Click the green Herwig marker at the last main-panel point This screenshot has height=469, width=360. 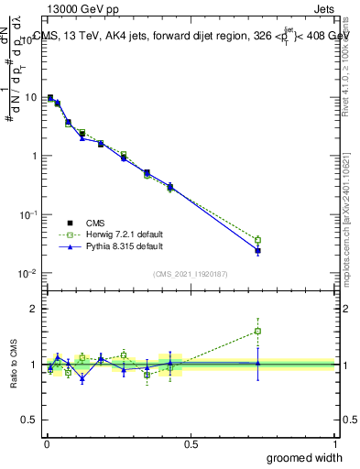pos(258,240)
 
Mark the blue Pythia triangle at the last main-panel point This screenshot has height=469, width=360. pos(258,250)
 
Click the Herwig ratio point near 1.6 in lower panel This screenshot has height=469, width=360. pos(258,331)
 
